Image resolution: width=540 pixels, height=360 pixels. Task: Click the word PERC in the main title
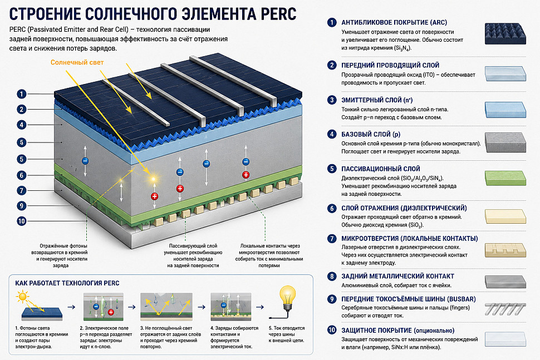click(x=278, y=14)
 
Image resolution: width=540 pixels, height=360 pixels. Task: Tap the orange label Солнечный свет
click(x=77, y=62)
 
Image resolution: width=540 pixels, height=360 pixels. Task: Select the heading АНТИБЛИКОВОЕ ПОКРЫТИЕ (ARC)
click(x=394, y=22)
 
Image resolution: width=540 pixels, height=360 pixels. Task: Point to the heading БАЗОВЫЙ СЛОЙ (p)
click(x=371, y=134)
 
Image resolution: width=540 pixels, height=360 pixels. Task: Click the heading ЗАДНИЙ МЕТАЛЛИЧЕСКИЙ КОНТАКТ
click(x=398, y=276)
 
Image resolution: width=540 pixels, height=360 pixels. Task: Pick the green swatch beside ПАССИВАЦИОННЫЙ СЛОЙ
click(x=505, y=178)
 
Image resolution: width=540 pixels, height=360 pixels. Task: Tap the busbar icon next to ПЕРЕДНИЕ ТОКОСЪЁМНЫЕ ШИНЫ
click(x=505, y=309)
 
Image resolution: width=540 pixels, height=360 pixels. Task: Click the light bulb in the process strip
click(x=287, y=299)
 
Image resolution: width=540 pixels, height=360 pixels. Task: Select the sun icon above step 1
click(x=23, y=297)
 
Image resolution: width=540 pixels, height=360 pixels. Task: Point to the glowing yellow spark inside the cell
click(x=153, y=179)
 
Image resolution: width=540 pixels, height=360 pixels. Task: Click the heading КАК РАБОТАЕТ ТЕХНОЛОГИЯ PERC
click(x=67, y=283)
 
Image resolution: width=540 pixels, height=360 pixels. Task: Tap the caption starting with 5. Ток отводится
click(x=287, y=334)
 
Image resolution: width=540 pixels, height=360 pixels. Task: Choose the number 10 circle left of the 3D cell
click(x=21, y=221)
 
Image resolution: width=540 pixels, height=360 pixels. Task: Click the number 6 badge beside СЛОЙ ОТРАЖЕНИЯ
click(x=332, y=208)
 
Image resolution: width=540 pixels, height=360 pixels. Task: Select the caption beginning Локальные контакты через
click(x=269, y=256)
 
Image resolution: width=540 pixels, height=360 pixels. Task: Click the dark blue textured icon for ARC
click(x=505, y=33)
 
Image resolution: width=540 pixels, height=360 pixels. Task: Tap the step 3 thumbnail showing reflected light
click(x=166, y=307)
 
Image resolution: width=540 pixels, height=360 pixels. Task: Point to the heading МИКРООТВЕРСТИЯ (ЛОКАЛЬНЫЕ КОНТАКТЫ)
click(x=410, y=239)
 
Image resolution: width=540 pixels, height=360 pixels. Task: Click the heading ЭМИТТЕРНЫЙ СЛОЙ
click(x=377, y=100)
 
